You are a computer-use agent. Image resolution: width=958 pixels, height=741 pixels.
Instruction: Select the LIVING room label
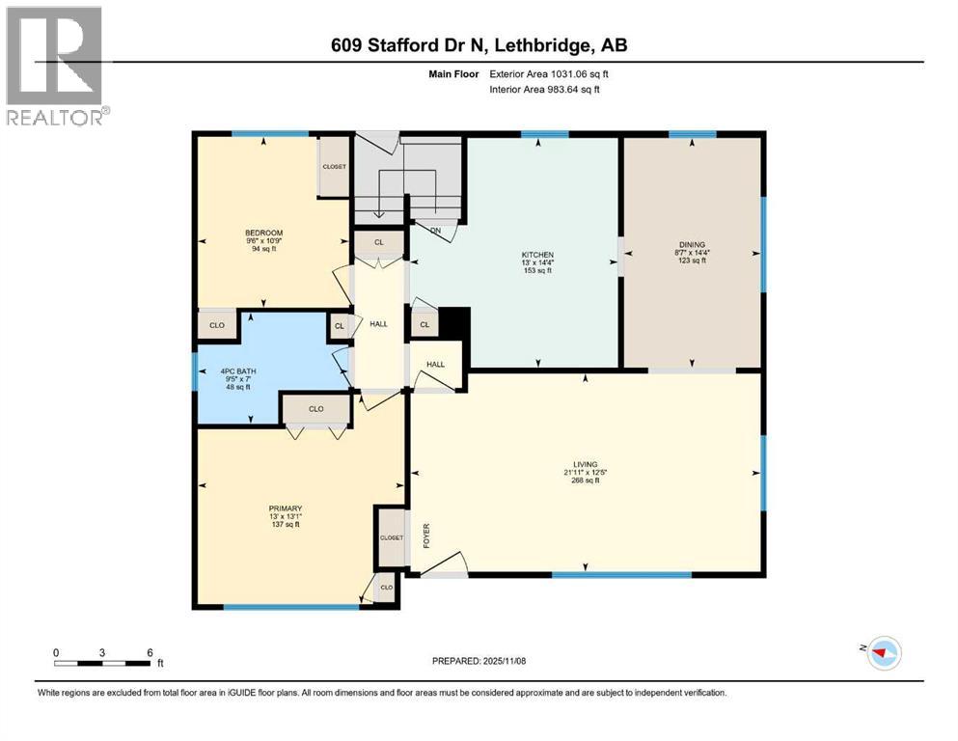coord(585,464)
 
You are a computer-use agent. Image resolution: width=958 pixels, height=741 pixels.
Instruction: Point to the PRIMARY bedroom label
coord(286,508)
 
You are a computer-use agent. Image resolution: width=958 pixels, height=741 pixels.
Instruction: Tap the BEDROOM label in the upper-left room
coord(263,233)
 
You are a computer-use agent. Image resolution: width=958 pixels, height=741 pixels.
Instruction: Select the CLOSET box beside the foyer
coord(391,538)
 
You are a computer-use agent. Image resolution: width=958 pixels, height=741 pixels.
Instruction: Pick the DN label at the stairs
coord(435,231)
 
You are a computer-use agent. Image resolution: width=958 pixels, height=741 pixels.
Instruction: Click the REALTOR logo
coord(54,66)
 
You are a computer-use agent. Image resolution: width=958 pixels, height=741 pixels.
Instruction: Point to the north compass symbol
coord(881,653)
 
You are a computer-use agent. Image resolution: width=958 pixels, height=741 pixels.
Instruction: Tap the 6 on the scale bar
coord(150,651)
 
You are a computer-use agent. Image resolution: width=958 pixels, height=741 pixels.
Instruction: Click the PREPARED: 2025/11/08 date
coord(479,661)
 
